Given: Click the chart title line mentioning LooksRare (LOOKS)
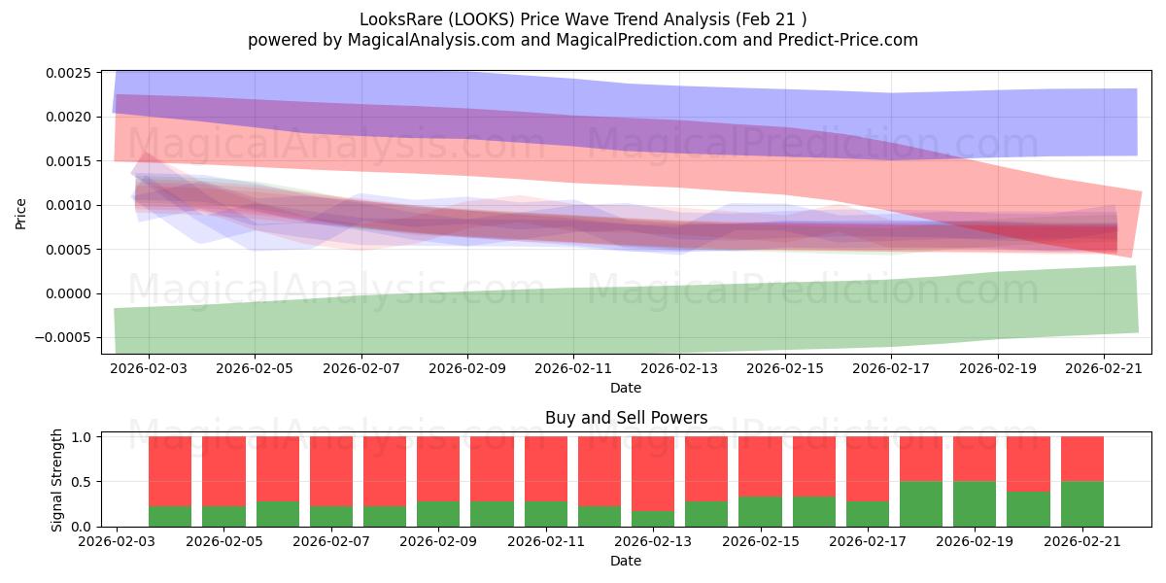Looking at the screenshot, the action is (583, 19).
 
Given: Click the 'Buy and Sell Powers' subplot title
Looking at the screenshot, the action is (626, 418).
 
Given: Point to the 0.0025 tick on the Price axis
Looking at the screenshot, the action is (68, 73).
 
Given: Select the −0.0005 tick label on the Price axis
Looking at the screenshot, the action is (63, 338).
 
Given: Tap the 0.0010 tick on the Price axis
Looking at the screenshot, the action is (68, 206).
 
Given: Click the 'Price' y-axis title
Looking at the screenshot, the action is (20, 214).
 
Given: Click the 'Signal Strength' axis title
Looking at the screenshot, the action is (56, 480).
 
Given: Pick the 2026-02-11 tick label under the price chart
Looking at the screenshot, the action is (573, 368).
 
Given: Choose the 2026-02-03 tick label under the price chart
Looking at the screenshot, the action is (149, 368).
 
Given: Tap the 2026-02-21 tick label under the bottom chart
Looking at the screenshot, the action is (1082, 542).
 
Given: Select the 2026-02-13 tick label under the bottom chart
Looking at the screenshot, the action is (653, 542).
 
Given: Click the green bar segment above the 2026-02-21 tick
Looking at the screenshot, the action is (1082, 504).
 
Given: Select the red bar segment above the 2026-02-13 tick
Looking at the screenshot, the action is (653, 474).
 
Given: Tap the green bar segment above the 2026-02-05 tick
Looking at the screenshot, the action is (223, 516).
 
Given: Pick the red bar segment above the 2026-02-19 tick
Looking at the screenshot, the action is (975, 459).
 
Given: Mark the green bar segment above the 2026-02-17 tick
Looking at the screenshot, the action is (867, 514).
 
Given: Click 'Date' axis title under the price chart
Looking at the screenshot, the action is (626, 388).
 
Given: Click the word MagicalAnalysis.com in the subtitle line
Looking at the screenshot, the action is (431, 40).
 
